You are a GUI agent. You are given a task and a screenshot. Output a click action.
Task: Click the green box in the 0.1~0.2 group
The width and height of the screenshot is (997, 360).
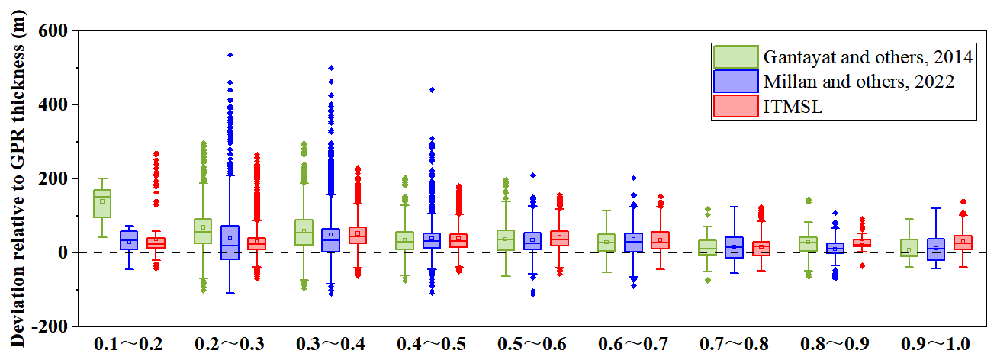pyautogui.click(x=102, y=204)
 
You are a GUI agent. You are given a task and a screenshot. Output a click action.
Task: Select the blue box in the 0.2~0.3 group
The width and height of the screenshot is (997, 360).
pyautogui.click(x=230, y=243)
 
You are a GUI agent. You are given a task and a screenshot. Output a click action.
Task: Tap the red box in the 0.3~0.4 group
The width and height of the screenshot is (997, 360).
pyautogui.click(x=358, y=236)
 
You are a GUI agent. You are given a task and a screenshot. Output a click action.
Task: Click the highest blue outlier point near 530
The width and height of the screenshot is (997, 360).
pyautogui.click(x=230, y=55)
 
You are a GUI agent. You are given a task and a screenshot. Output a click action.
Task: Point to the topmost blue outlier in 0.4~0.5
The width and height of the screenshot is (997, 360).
pyautogui.click(x=432, y=90)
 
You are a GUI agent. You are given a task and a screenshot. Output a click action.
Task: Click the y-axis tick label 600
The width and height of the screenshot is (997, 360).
pyautogui.click(x=53, y=31)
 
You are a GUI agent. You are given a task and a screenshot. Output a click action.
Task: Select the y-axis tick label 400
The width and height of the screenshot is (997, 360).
pyautogui.click(x=53, y=104)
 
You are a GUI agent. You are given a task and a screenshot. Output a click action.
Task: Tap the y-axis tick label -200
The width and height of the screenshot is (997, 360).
pyautogui.click(x=50, y=326)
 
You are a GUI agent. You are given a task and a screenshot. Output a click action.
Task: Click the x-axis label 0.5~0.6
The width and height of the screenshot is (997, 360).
pyautogui.click(x=532, y=344)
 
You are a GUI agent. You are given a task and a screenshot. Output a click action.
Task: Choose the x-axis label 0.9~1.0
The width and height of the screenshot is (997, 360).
pyautogui.click(x=935, y=344)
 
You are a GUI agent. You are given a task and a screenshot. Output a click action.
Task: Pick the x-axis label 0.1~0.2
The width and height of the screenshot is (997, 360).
pyautogui.click(x=129, y=344)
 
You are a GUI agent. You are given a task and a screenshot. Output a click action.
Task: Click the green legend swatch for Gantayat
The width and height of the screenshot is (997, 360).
pyautogui.click(x=735, y=57)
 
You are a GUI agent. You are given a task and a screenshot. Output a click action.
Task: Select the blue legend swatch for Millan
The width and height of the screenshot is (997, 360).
pyautogui.click(x=735, y=82)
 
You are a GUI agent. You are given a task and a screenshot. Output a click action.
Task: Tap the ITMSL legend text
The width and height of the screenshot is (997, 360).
pyautogui.click(x=793, y=106)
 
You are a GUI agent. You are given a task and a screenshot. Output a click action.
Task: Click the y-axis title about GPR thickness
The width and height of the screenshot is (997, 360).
pyautogui.click(x=17, y=178)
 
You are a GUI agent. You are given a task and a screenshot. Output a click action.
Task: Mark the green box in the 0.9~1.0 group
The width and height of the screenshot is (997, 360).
pyautogui.click(x=909, y=248)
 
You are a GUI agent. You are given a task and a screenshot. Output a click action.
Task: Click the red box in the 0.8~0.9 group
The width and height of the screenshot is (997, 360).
pyautogui.click(x=862, y=243)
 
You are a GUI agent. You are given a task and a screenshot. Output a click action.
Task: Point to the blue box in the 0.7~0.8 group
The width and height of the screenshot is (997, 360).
pyautogui.click(x=735, y=247)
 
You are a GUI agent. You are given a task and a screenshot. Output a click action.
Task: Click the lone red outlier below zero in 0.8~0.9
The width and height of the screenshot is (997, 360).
pyautogui.click(x=862, y=266)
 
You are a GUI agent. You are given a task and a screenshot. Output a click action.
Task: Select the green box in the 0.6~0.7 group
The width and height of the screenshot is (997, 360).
pyautogui.click(x=606, y=243)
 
